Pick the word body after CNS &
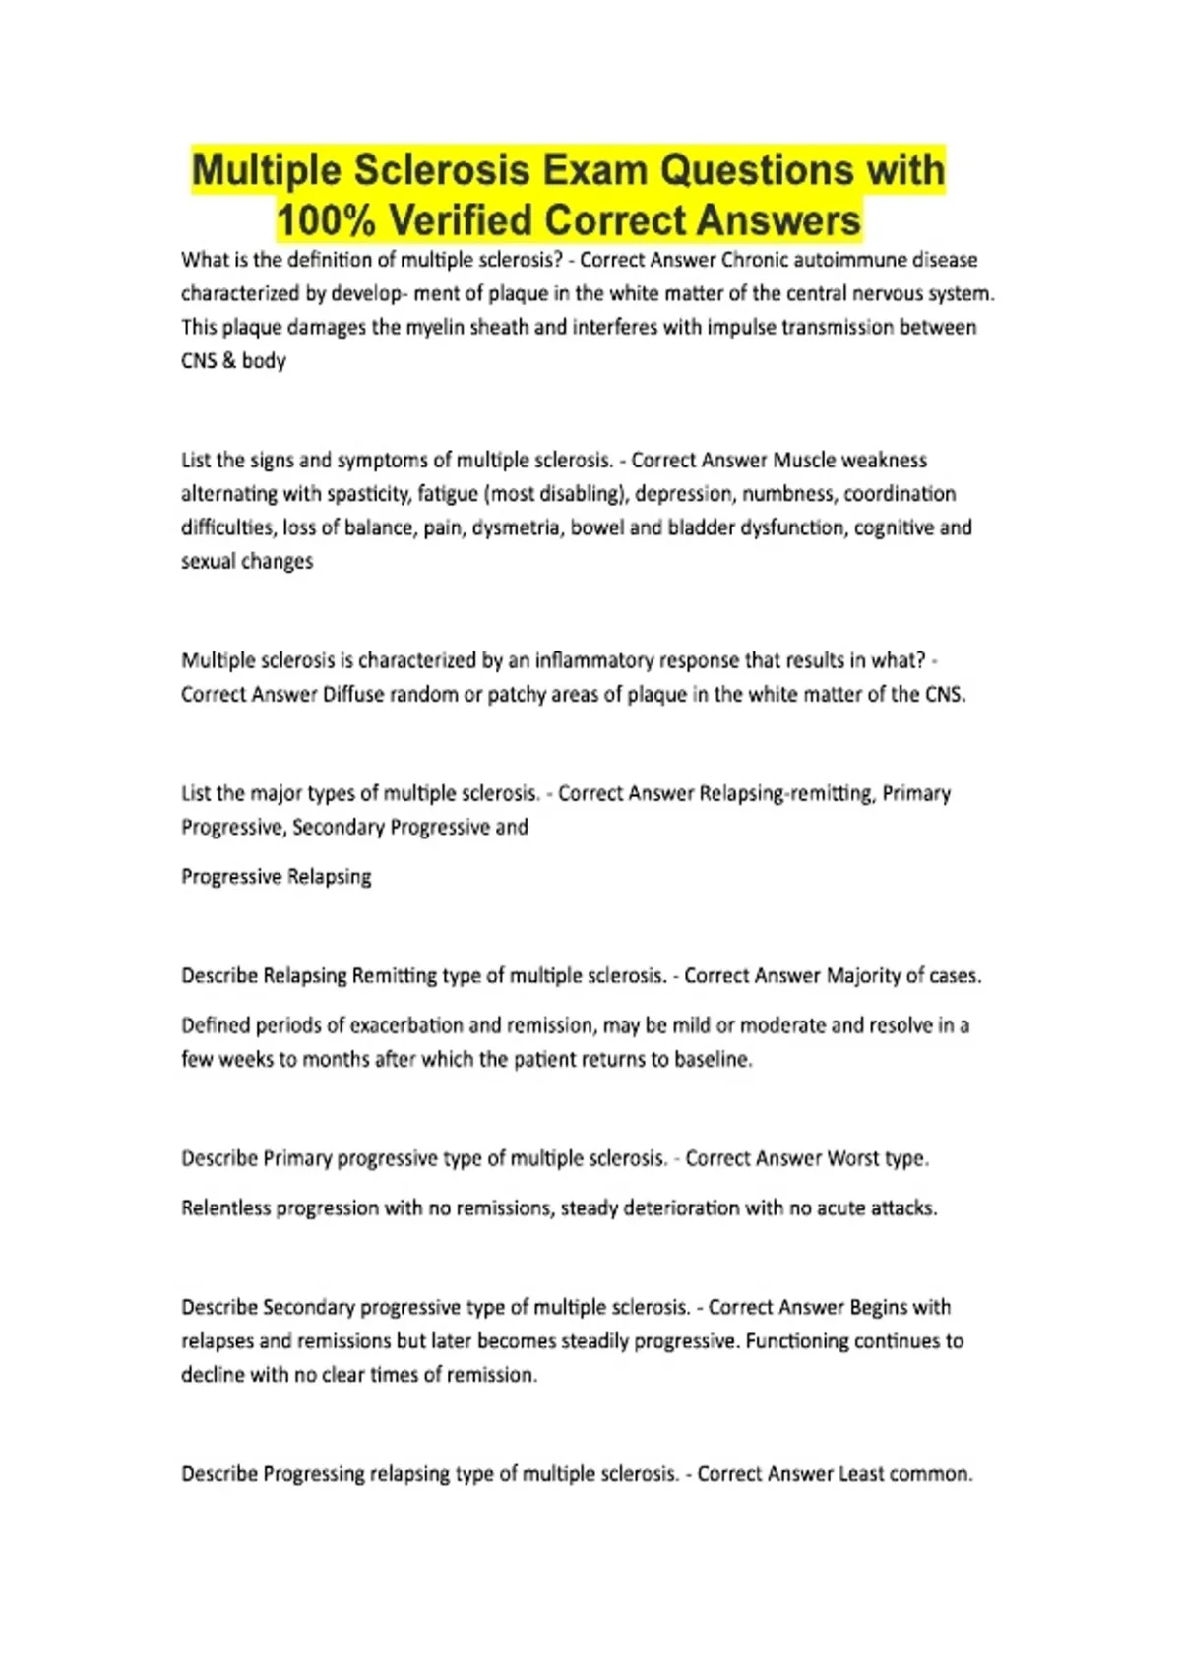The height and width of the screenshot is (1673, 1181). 264,360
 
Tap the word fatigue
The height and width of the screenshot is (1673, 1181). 450,493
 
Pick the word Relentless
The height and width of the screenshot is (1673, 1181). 225,1208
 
